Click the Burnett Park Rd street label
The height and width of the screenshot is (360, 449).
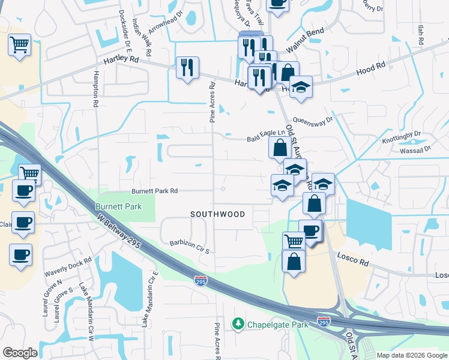(x=155, y=191)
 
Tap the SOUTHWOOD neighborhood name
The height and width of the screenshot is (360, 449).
(x=218, y=214)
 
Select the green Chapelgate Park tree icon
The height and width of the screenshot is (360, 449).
(x=238, y=324)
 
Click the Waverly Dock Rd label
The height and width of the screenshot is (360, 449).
(x=68, y=268)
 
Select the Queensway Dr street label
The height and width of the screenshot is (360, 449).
(x=313, y=124)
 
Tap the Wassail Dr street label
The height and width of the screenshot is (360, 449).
(x=418, y=149)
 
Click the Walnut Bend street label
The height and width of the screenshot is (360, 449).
(x=305, y=39)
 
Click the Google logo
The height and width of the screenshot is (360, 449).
(x=20, y=353)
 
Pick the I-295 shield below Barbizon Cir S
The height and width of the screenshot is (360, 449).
(x=200, y=280)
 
